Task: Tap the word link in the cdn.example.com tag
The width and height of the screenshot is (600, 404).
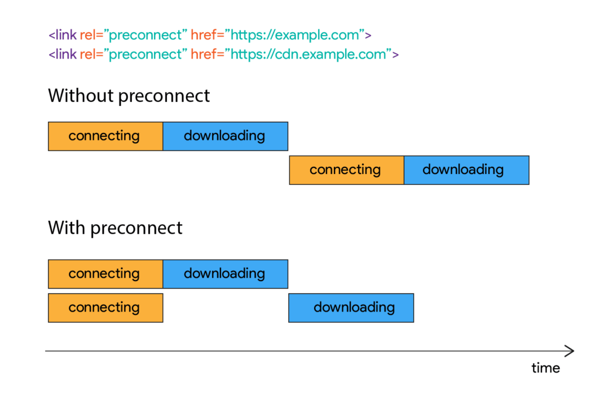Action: (x=65, y=54)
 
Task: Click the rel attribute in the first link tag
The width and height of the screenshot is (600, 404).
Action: (x=88, y=35)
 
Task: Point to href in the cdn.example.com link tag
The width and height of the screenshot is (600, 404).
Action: (x=206, y=54)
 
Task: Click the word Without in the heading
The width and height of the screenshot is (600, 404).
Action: (x=81, y=95)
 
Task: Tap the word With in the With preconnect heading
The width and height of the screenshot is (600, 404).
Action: (x=67, y=227)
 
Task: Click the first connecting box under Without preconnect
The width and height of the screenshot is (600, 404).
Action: (x=105, y=136)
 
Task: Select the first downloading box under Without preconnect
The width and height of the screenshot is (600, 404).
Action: (x=225, y=136)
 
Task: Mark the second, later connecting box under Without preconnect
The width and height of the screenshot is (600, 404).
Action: (x=346, y=170)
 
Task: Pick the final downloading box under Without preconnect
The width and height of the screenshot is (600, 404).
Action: (x=466, y=170)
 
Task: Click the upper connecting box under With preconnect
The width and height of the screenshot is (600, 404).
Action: (x=105, y=274)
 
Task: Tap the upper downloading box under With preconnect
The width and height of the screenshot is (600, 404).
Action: (x=225, y=274)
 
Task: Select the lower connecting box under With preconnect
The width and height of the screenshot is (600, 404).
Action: (x=105, y=308)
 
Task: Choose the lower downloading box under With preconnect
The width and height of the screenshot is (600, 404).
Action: (x=351, y=308)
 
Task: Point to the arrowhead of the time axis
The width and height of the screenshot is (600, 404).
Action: (x=570, y=351)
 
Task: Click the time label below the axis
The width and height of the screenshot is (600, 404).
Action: (x=546, y=368)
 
